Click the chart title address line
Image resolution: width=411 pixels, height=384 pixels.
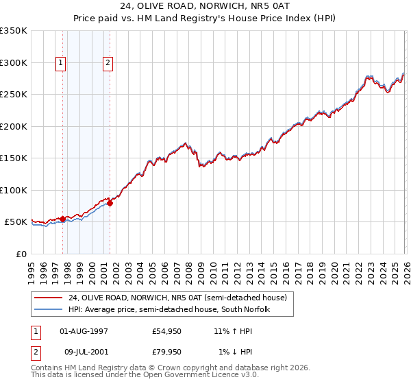(x=206, y=6)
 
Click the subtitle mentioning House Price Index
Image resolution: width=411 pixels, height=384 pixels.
(x=206, y=19)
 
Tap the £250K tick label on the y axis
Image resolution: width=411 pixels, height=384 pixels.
(x=14, y=94)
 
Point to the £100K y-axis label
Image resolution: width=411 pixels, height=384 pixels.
(x=14, y=190)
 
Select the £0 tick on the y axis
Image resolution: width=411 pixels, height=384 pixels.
(x=21, y=254)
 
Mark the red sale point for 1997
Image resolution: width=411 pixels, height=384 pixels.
(x=62, y=219)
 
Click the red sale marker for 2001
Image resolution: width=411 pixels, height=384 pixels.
(x=110, y=203)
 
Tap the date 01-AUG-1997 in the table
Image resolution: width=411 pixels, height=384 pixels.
(x=84, y=331)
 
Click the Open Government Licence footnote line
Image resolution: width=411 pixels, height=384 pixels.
(x=145, y=375)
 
